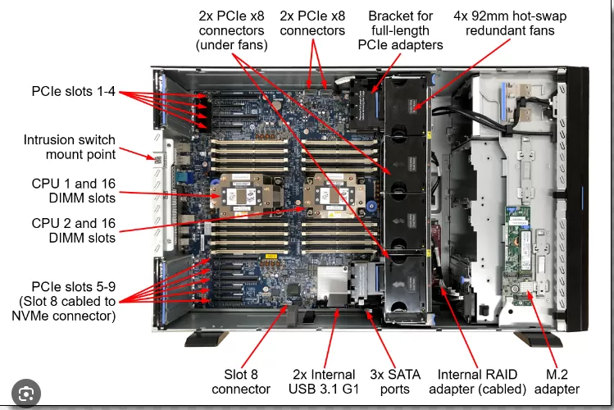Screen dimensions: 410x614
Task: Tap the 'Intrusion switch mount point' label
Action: click(70, 147)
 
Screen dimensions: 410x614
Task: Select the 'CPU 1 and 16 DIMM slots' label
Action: click(74, 189)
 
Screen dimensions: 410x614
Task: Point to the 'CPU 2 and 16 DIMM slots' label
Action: click(74, 230)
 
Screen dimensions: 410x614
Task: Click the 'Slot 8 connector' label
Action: click(241, 380)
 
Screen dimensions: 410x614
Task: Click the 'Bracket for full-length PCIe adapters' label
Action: click(401, 30)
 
